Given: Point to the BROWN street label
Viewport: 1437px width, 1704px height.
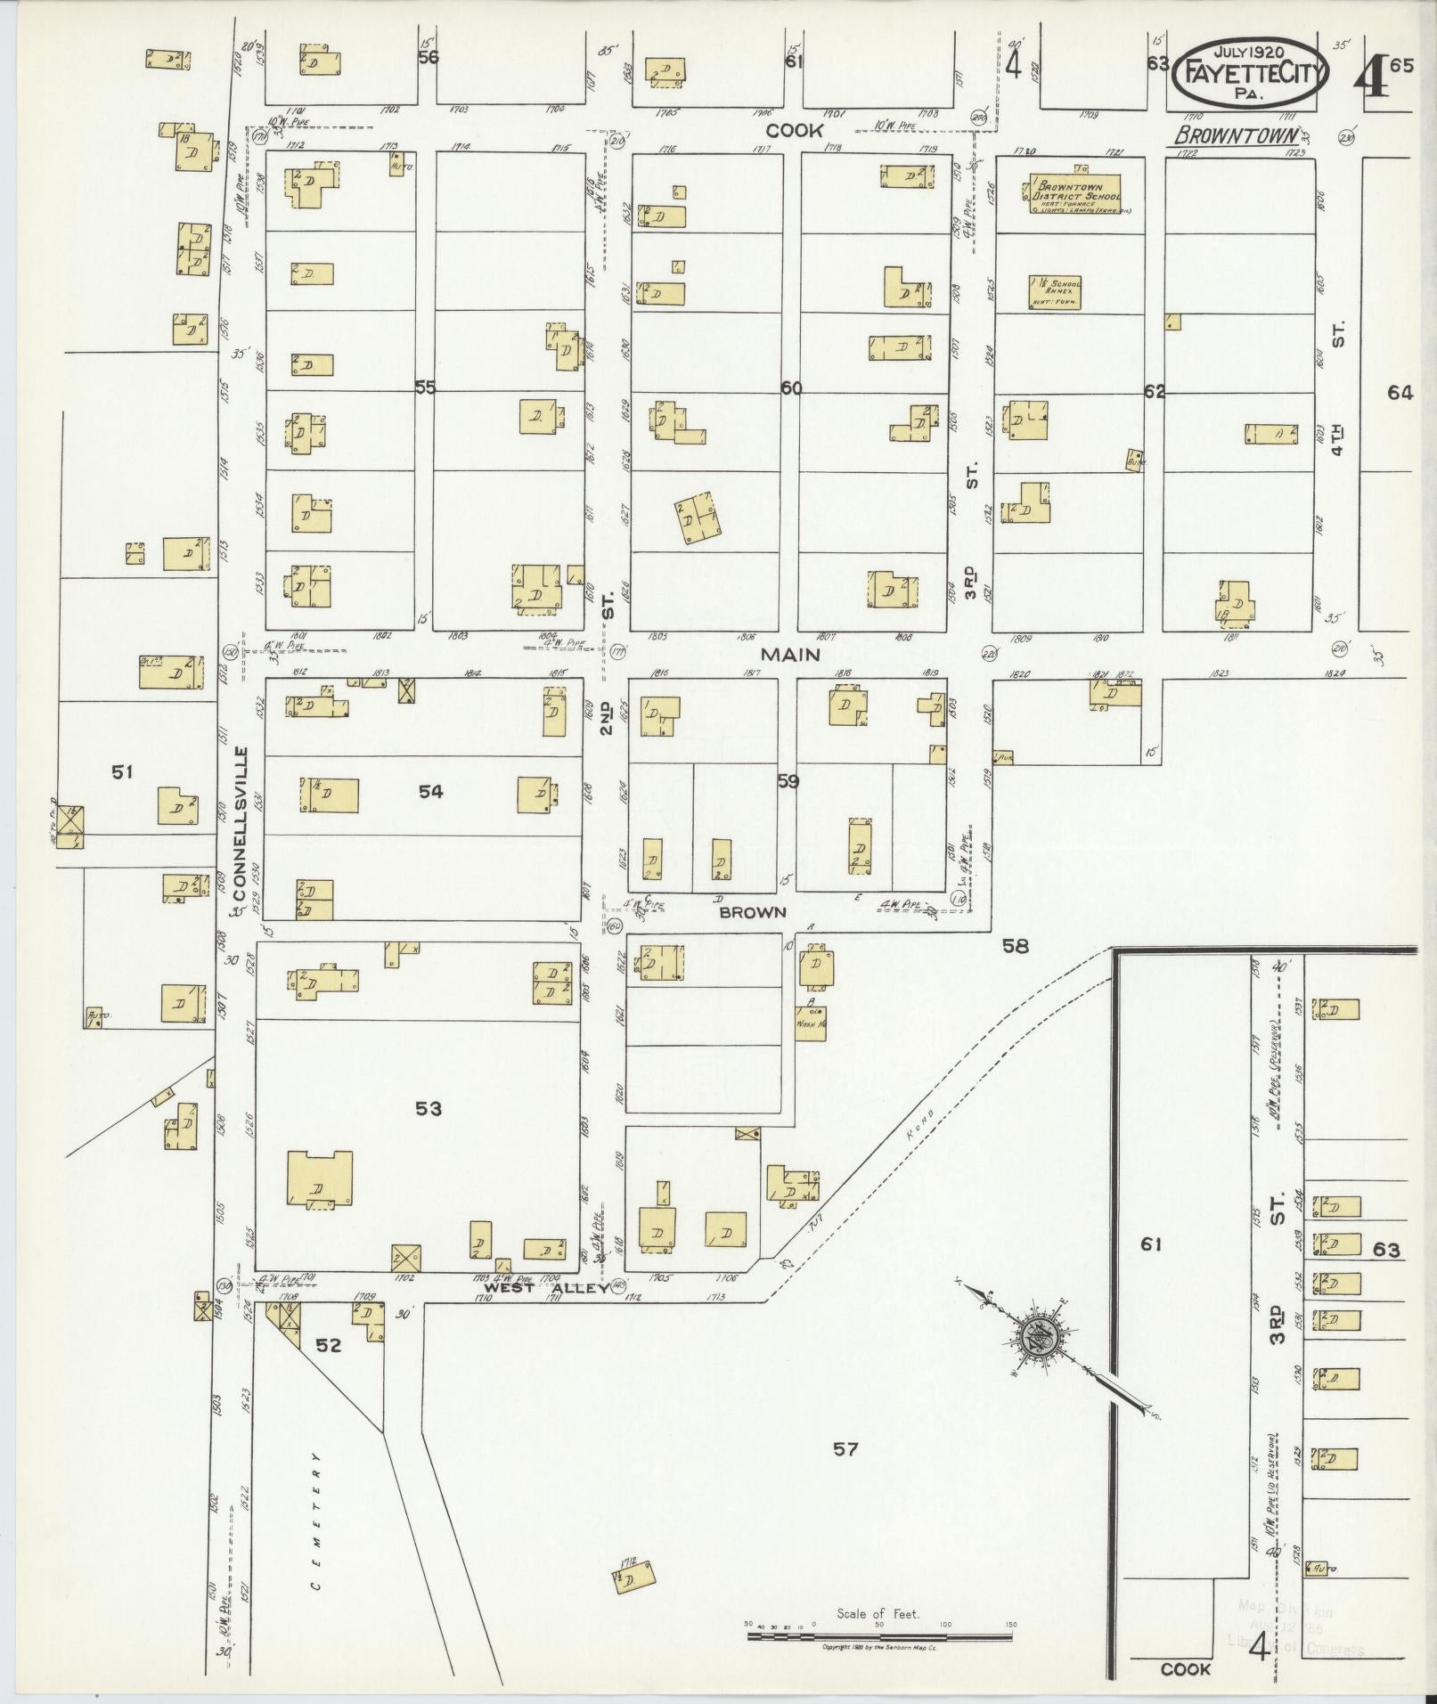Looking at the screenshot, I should (x=753, y=912).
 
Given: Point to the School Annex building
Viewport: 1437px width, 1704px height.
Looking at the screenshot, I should (x=1056, y=291).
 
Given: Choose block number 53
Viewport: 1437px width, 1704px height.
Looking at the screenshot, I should (x=429, y=1108).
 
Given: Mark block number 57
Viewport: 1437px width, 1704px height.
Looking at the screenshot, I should (x=845, y=1449).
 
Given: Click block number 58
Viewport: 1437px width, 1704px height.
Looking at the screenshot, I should (x=1015, y=946).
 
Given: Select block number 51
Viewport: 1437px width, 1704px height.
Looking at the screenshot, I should (x=122, y=772).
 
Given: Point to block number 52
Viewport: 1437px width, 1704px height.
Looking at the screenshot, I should (x=329, y=1345).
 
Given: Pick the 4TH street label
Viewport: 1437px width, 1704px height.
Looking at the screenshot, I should (x=1337, y=439).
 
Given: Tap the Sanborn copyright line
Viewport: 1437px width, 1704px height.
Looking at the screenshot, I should (x=879, y=1647).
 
